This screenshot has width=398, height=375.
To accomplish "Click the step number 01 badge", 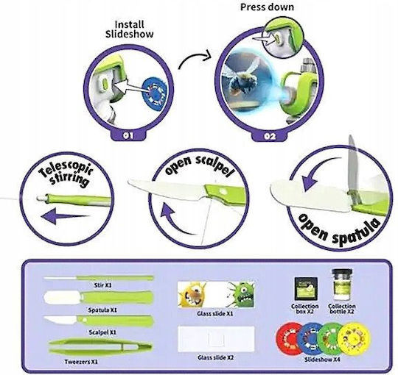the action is (128, 135).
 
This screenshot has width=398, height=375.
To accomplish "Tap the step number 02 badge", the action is (270, 137).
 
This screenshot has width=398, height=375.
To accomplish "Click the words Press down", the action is (267, 7).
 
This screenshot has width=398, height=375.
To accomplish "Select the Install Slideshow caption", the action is (130, 29).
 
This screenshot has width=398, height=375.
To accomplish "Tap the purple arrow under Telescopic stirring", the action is (66, 217).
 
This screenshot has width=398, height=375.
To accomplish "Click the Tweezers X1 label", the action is (81, 362).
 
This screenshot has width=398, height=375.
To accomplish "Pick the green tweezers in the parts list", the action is (100, 347).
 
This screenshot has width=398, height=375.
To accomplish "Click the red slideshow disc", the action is (289, 338).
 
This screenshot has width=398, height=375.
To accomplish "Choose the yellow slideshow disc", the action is (355, 338).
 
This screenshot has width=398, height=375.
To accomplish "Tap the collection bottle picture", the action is (342, 285).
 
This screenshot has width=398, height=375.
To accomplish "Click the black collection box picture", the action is (306, 289).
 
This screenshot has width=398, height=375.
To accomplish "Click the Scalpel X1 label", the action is (102, 332).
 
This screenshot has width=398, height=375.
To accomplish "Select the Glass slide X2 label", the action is (215, 357).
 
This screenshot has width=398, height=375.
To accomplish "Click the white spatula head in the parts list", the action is (63, 296).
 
